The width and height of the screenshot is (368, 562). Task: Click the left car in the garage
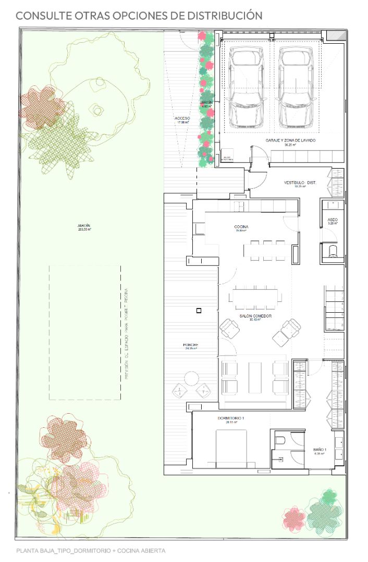(x=247, y=88)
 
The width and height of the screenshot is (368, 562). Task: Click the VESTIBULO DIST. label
(x=300, y=183)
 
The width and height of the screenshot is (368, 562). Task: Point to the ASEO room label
(x=333, y=221)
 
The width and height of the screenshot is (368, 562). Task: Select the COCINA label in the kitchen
(x=241, y=227)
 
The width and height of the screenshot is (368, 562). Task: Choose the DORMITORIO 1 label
(x=231, y=419)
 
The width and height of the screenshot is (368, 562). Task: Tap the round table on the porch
(x=191, y=378)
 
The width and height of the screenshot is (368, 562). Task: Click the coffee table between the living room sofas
(x=255, y=377)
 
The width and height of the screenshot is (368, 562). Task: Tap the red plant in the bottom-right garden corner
(x=295, y=518)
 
